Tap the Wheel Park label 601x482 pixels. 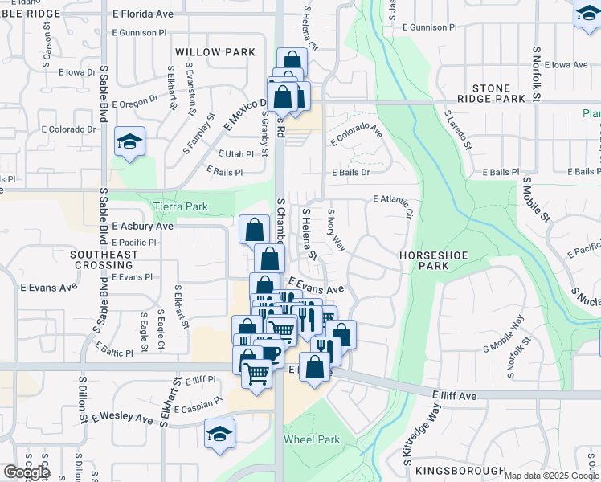(x=312, y=440)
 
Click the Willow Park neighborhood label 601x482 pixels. (x=216, y=52)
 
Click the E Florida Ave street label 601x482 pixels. (x=143, y=14)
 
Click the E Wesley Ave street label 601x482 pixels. (x=122, y=419)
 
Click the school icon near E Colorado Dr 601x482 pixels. (x=129, y=143)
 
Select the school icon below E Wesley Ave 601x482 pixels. (x=219, y=435)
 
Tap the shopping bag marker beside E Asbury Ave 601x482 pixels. (x=254, y=230)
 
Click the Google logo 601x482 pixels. (x=27, y=472)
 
